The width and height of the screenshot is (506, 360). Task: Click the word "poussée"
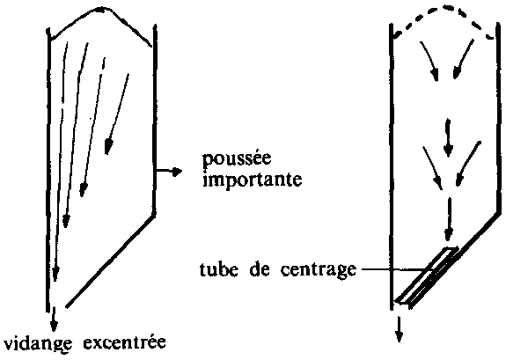[x=237, y=160]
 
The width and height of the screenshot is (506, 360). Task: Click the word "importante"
[x=253, y=179]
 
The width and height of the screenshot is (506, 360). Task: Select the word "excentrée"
[x=125, y=342]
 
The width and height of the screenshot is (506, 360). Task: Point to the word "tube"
[x=219, y=268]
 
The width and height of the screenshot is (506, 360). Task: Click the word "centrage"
[x=318, y=270]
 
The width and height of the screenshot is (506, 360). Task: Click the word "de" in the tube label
[x=259, y=268]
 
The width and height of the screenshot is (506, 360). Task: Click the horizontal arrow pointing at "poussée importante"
[x=169, y=172]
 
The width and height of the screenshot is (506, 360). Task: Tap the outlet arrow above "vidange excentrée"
[x=54, y=320]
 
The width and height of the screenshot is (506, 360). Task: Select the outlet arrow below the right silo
[x=400, y=329]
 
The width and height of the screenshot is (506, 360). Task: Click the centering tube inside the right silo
[x=427, y=276]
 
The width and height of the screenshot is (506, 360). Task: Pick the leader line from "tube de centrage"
[x=393, y=269]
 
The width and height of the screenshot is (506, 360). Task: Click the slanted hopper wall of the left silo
[x=110, y=261]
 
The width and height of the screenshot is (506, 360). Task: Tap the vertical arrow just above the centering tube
[x=449, y=219]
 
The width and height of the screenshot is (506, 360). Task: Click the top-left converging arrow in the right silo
[x=429, y=62]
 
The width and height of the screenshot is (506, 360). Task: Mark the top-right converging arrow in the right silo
[x=464, y=59]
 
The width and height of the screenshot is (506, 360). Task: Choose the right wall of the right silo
[x=499, y=120]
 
